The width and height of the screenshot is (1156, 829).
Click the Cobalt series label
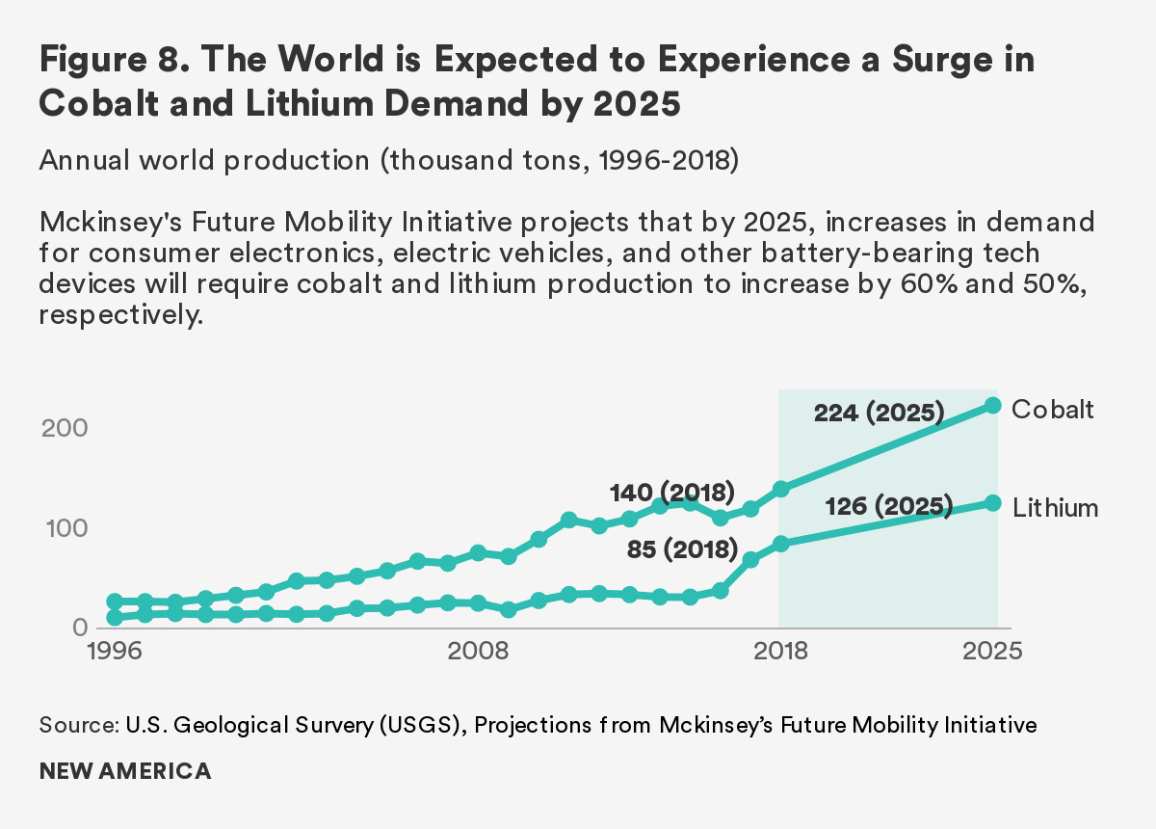[1053, 409]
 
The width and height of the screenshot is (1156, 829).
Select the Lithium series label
[1056, 507]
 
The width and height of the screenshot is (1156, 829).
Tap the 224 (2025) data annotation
[878, 414]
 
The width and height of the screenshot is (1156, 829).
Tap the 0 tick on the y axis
[81, 628]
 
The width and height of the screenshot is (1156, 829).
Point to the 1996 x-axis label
[114, 651]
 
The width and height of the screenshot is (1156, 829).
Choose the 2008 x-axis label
[479, 651]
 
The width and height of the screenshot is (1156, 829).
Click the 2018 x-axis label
[780, 651]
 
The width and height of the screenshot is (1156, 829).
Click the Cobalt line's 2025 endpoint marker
[993, 406]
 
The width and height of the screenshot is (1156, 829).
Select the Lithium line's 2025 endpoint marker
[993, 503]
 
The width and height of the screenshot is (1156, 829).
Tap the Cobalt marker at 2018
[781, 489]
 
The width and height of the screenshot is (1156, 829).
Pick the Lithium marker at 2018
[781, 544]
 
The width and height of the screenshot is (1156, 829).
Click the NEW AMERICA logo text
[125, 771]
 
